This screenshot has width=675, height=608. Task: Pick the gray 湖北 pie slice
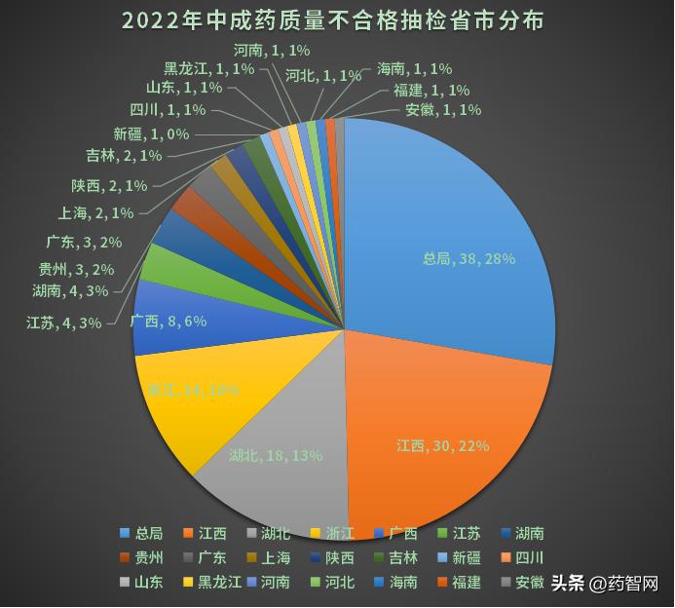(282, 477)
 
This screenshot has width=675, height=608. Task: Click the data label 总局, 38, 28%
(468, 259)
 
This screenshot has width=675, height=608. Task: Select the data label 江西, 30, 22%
(442, 445)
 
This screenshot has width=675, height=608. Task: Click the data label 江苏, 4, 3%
(64, 323)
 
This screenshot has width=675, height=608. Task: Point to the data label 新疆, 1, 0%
(151, 134)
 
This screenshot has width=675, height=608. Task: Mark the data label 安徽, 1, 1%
(443, 110)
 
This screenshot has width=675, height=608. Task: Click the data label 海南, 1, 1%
(414, 69)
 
